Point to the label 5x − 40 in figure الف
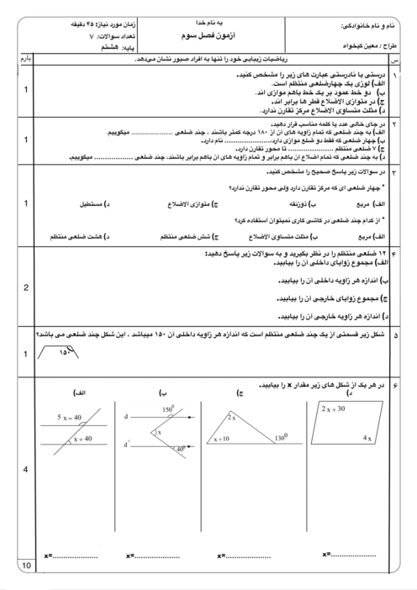[69, 417]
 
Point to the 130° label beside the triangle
[281, 438]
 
